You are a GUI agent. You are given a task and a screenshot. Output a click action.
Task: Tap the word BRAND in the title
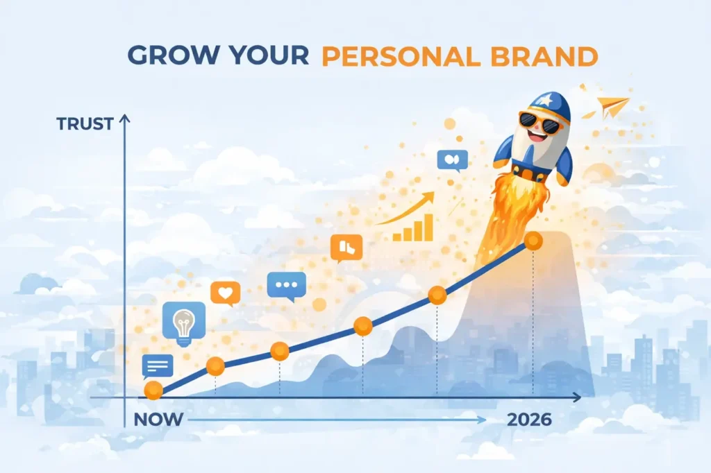(x=542, y=56)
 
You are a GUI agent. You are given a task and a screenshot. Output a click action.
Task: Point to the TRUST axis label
(x=85, y=124)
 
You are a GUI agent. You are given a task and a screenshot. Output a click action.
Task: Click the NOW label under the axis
(x=158, y=420)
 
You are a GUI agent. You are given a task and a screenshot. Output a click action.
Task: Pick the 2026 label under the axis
(x=529, y=420)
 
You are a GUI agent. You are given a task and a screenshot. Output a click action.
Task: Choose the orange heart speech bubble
(x=225, y=293)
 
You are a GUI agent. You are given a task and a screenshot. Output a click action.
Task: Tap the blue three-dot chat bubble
(x=286, y=285)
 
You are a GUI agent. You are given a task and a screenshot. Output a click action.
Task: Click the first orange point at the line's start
(x=153, y=390)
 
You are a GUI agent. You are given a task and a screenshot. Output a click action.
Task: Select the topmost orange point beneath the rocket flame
(x=533, y=241)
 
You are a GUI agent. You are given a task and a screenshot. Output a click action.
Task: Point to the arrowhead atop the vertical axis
(x=125, y=120)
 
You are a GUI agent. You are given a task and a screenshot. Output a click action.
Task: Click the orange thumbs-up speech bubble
(x=346, y=247)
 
